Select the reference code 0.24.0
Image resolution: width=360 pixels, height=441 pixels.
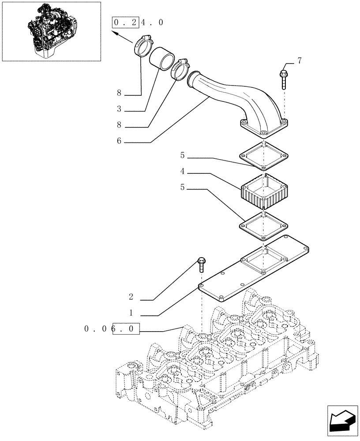[x=138, y=22]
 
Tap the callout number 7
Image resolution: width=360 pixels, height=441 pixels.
[x=299, y=61]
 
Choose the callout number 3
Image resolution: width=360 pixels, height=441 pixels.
[x=119, y=108]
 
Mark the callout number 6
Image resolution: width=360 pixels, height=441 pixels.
[x=119, y=142]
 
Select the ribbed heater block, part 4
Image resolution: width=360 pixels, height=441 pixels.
[x=263, y=191]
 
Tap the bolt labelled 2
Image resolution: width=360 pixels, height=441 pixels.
[x=202, y=265]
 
